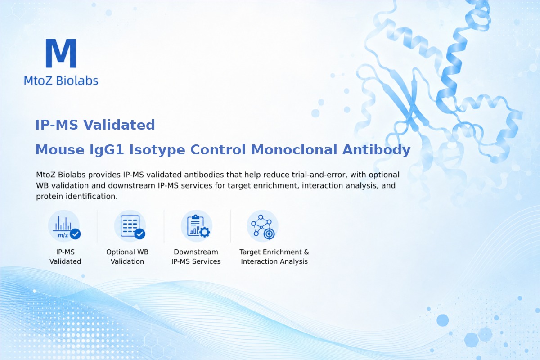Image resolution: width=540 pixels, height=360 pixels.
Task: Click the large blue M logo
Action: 61,53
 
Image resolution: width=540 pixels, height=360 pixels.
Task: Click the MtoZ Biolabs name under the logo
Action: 61,81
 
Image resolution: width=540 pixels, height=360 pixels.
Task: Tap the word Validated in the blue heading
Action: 119,125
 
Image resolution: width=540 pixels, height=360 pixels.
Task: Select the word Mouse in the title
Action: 60,149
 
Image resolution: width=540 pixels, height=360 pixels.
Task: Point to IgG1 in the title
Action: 107,150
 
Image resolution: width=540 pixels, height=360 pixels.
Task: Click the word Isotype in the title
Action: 157,150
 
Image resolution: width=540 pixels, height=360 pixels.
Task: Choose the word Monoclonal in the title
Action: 294,149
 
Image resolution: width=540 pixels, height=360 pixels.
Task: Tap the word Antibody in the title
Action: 376,150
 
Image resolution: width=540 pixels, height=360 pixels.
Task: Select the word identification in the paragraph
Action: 92,196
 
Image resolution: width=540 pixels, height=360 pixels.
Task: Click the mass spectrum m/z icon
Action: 64,226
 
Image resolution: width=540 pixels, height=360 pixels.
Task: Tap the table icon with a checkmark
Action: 130,226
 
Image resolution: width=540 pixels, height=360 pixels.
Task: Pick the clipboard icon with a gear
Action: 197,226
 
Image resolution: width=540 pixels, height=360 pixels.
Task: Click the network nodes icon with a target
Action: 262,226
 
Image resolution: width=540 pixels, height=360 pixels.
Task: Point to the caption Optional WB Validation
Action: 127,256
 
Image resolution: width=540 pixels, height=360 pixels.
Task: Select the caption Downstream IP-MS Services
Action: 196,256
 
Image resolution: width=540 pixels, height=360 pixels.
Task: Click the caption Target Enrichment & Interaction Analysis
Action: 274,256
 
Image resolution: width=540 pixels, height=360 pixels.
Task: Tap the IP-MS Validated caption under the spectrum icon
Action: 65,256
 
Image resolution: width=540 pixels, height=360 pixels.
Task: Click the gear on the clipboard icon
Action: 205,232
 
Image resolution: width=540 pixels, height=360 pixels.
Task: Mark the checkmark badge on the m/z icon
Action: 75,234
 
